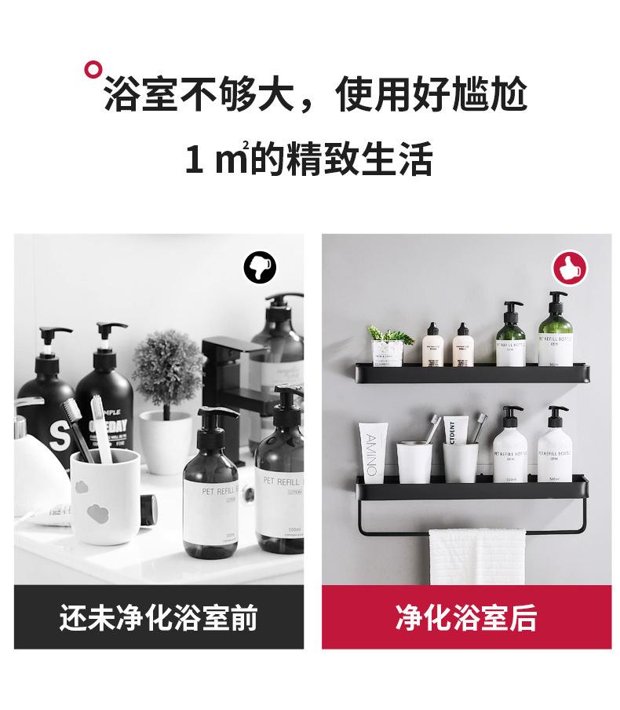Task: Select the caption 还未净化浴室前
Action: tap(159, 618)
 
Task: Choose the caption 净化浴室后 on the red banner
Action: tap(465, 618)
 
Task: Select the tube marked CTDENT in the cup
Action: tap(453, 432)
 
